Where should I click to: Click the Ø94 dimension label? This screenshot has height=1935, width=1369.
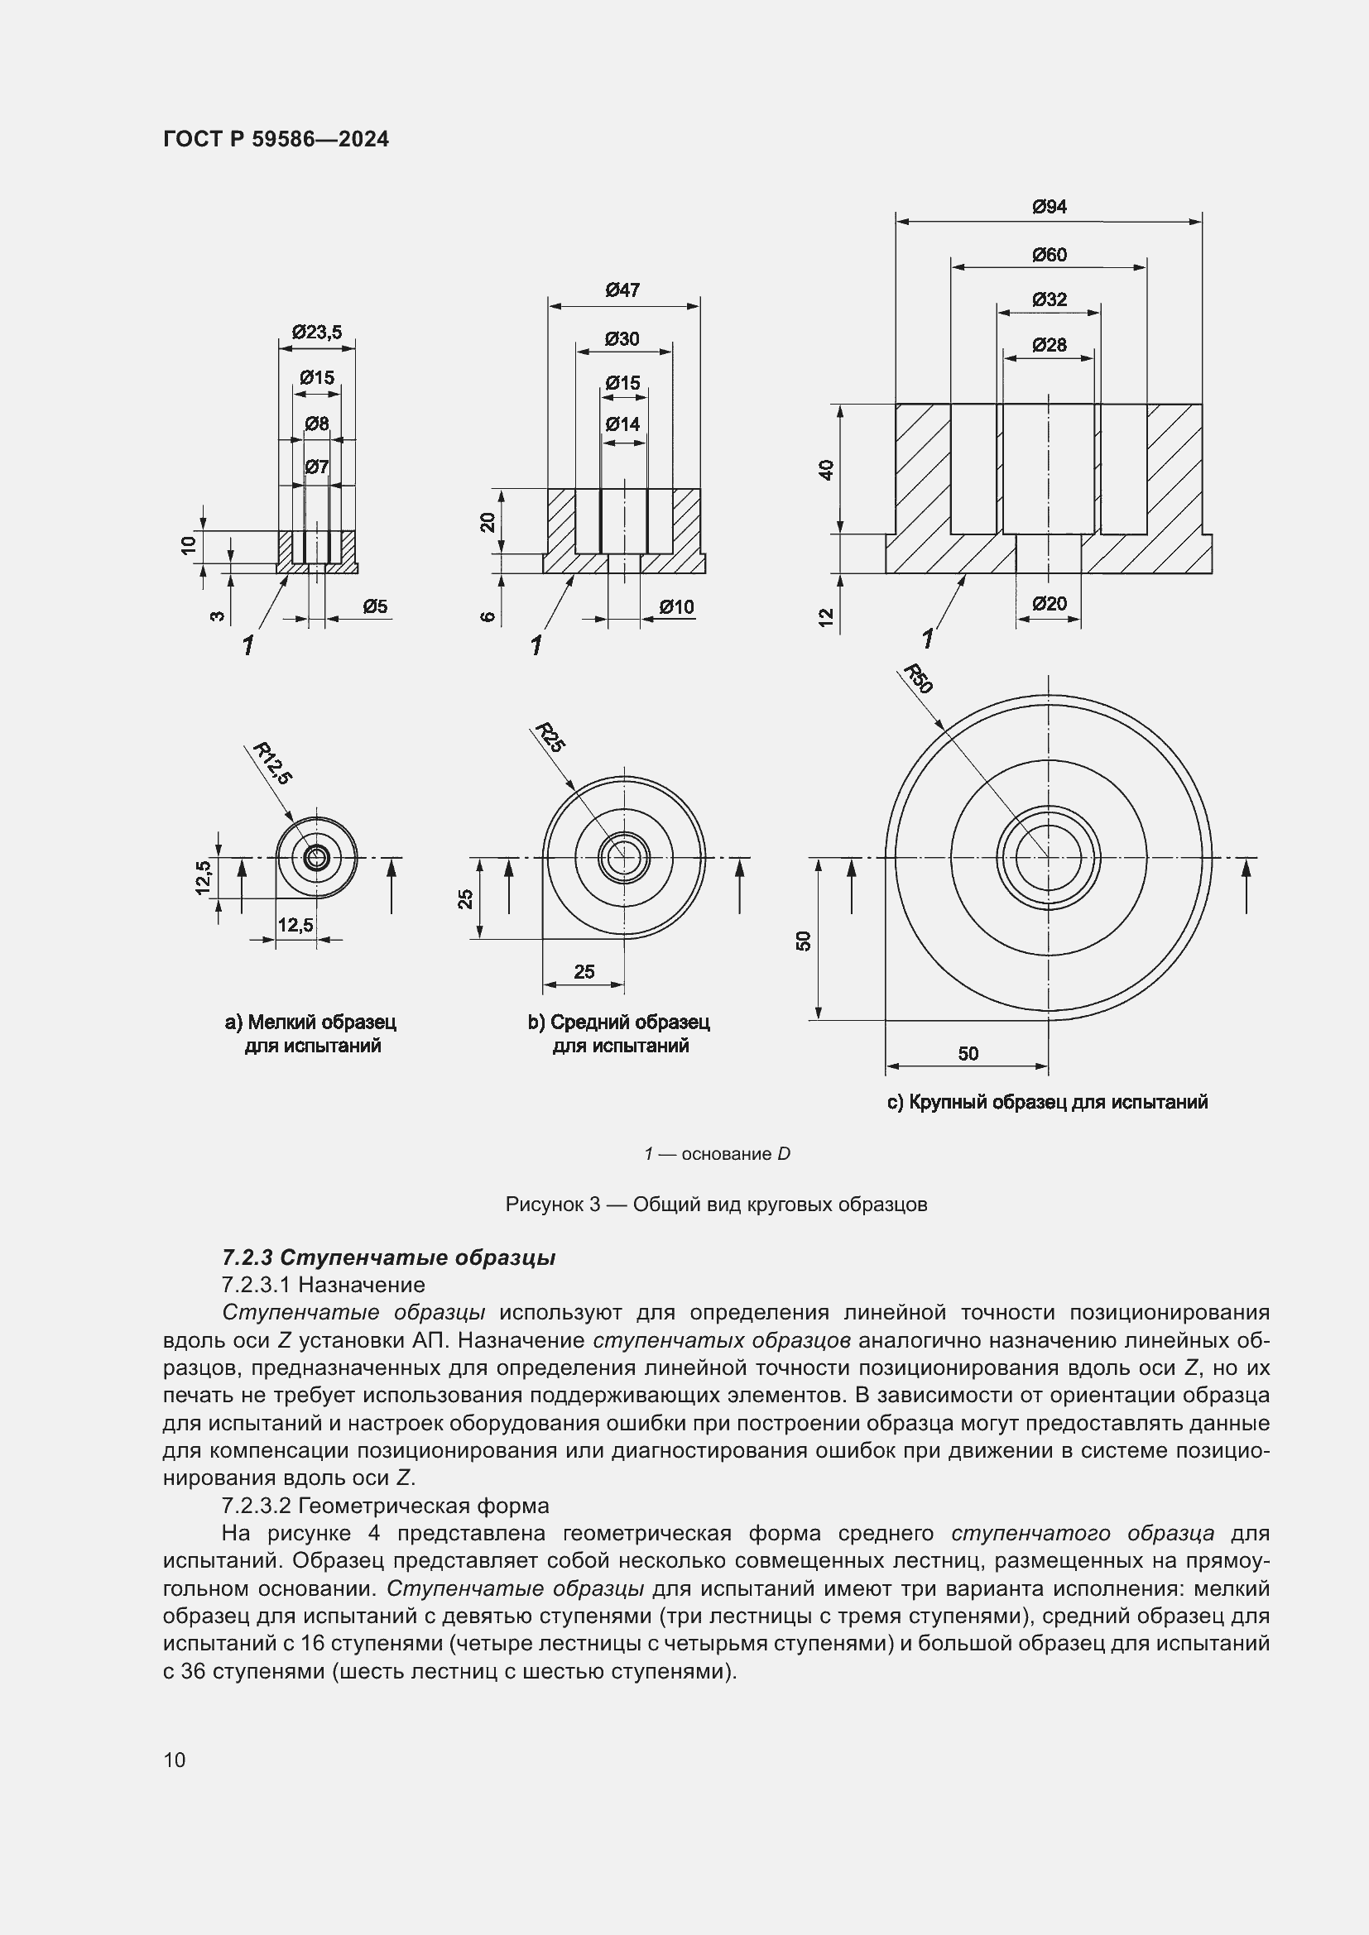pos(1049,207)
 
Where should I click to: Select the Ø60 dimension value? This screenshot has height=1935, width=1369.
pos(1049,255)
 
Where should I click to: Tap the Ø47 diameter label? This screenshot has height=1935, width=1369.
pos(622,290)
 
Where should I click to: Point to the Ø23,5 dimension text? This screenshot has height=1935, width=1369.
pos(317,332)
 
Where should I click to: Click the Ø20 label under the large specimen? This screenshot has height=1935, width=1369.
pos(1049,603)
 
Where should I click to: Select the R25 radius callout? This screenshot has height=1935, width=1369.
pos(550,737)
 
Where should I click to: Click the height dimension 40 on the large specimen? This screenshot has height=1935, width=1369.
pos(827,469)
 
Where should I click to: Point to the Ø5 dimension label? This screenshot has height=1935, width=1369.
pos(375,606)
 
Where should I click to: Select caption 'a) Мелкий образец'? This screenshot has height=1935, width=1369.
pos(310,1023)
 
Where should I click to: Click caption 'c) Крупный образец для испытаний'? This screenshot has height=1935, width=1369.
pos(1047,1102)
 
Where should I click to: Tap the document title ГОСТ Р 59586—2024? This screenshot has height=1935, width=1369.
pos(276,140)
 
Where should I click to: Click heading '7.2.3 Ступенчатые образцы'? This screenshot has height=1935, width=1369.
pos(389,1258)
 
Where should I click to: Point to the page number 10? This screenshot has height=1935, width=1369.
pos(175,1760)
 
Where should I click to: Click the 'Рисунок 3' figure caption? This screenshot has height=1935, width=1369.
pos(716,1205)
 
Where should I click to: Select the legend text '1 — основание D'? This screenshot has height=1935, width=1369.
pos(717,1154)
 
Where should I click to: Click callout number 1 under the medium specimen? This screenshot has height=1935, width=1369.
pos(536,645)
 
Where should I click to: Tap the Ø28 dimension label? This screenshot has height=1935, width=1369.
pos(1049,345)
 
